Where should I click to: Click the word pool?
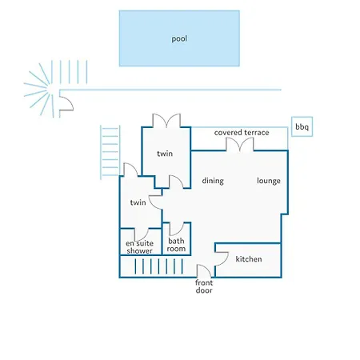[179, 39]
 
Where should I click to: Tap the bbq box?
[302, 126]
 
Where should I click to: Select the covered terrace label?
[242, 133]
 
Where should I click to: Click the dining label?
[213, 181]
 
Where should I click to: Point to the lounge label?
[269, 181]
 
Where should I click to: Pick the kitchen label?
[249, 259]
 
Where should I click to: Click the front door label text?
[204, 286]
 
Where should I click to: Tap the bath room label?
[176, 245]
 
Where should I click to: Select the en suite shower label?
[140, 247]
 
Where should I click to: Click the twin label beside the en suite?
[138, 202]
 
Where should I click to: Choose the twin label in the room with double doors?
[165, 154]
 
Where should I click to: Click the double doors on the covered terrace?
[240, 144]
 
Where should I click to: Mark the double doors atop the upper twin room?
[166, 120]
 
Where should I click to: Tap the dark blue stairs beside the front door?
[158, 266]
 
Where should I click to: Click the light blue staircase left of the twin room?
[110, 152]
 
